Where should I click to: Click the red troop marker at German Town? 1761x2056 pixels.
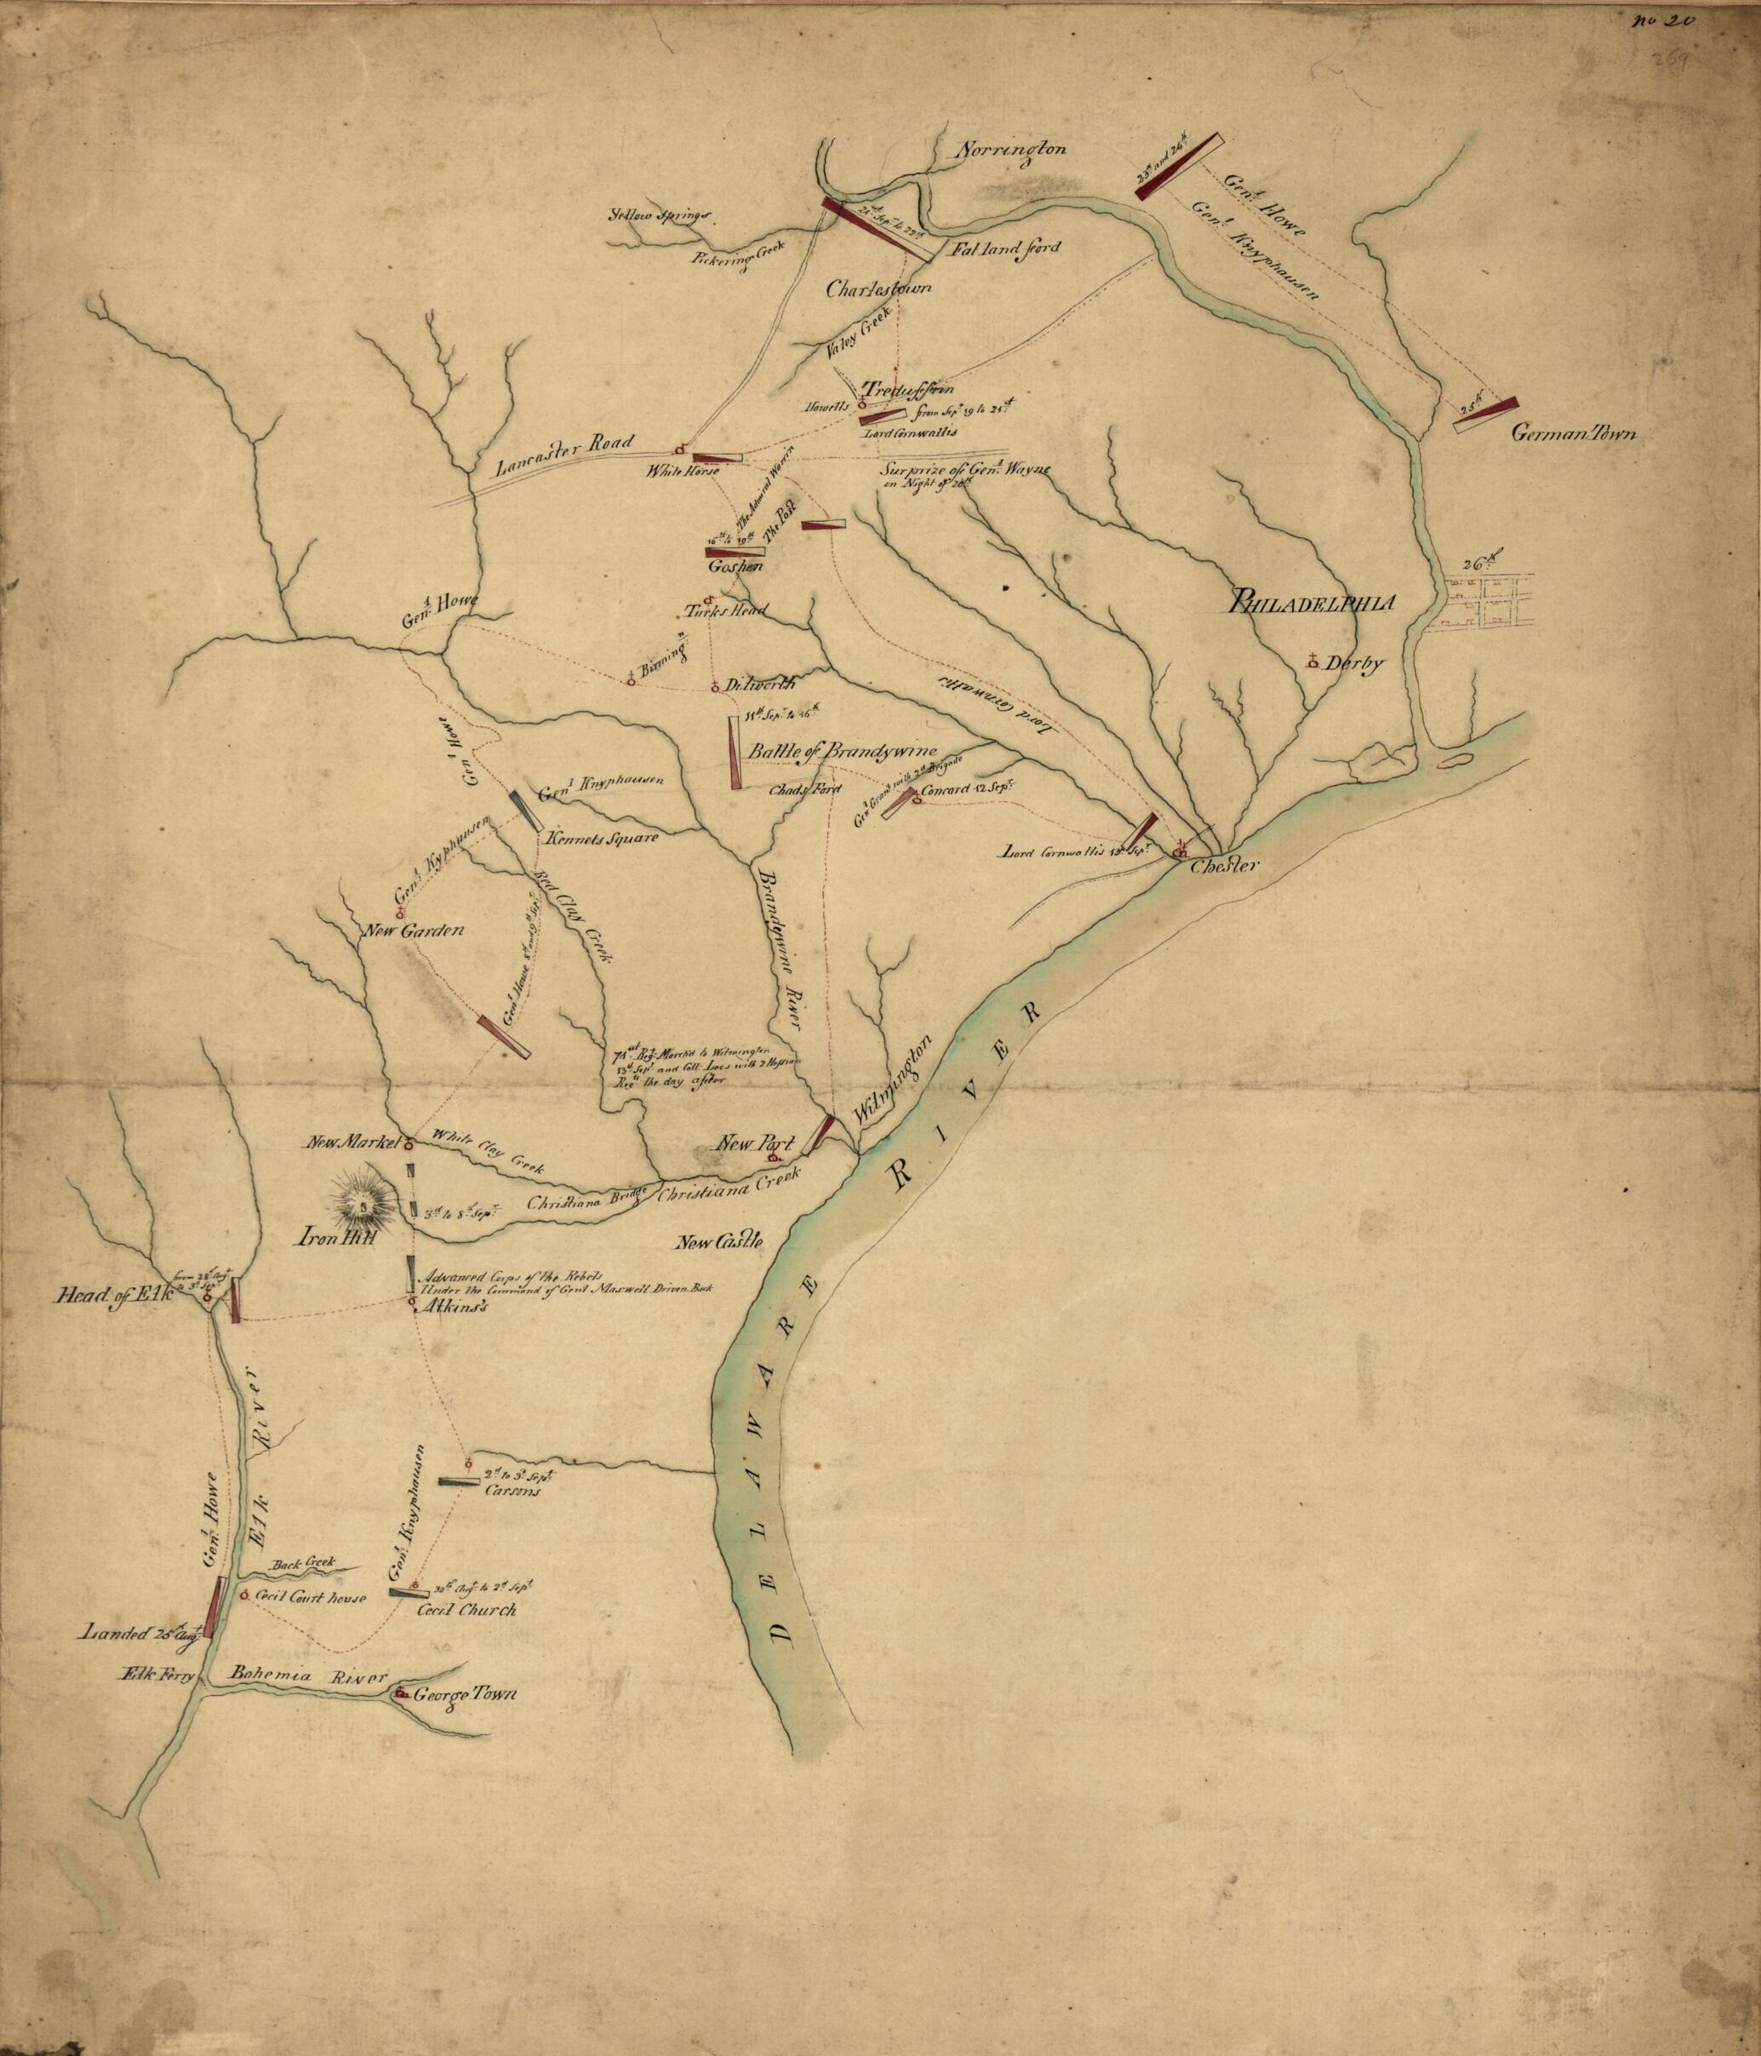tap(1485, 414)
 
